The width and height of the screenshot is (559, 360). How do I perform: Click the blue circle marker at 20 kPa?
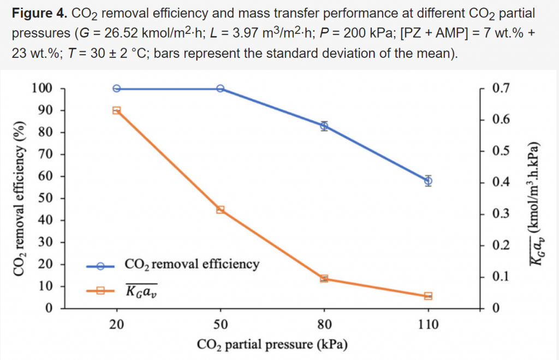coord(116,88)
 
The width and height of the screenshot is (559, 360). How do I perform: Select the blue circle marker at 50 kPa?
coord(221,88)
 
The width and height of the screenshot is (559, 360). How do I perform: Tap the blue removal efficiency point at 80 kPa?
coord(324,126)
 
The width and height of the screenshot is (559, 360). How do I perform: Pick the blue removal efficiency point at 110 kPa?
coord(428,181)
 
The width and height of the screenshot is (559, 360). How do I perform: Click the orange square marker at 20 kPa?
coord(116,110)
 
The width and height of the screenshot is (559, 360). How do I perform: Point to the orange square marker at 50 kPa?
coord(221,209)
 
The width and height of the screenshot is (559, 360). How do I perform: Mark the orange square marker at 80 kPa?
coord(324,279)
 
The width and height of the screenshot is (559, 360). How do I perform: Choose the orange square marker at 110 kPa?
coord(428,296)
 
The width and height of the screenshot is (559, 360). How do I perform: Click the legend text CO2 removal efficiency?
coord(192,264)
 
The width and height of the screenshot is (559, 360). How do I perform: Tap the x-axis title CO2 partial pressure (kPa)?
coord(272,345)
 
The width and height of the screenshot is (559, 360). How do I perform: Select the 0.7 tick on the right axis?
coord(499,88)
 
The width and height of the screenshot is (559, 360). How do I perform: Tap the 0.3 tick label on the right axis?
coord(499,214)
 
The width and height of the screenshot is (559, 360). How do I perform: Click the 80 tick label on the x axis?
coord(324,324)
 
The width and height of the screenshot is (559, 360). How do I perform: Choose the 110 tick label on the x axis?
coord(428,324)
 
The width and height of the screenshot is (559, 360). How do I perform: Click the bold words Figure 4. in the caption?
coord(38,12)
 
